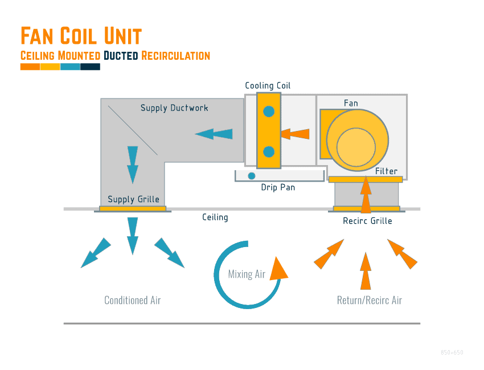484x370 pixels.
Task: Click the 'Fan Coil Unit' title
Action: (x=81, y=36)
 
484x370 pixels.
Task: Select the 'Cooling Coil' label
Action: (x=268, y=86)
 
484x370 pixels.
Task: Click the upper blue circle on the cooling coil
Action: (x=269, y=112)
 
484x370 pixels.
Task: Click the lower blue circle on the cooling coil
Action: (x=269, y=152)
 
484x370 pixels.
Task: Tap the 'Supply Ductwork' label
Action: (x=174, y=108)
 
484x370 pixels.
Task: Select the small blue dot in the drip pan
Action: (x=251, y=176)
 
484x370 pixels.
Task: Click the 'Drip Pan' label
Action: (x=278, y=187)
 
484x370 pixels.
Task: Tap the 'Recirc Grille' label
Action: (x=367, y=221)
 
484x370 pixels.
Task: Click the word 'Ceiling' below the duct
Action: (x=215, y=217)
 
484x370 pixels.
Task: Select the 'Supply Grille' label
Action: (x=133, y=199)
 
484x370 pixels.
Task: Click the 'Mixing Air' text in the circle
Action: (x=247, y=274)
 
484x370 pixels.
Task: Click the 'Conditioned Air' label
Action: (x=133, y=301)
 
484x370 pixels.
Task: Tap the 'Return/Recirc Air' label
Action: (x=370, y=301)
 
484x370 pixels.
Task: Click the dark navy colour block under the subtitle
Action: (x=90, y=67)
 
